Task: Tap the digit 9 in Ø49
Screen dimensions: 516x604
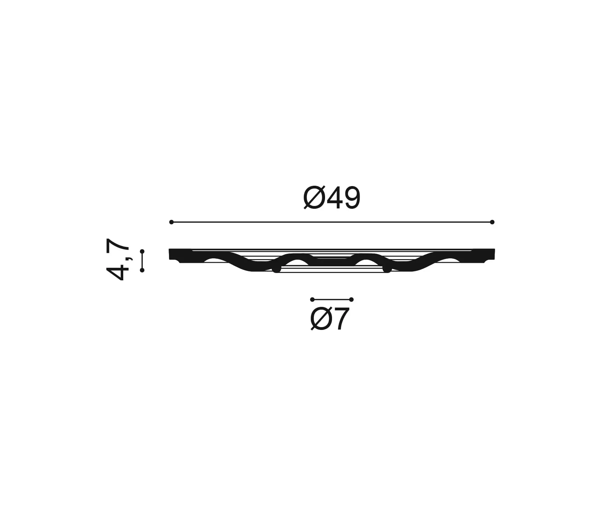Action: (x=350, y=198)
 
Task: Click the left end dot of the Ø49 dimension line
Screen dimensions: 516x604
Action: (x=171, y=222)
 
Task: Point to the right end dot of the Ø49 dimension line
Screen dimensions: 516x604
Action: (x=492, y=222)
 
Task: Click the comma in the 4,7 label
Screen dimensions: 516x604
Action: (x=130, y=258)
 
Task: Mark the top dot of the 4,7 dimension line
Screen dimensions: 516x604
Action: (x=142, y=251)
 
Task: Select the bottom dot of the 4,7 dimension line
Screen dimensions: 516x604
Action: (x=142, y=270)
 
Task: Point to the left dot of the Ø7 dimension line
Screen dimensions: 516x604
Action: (x=312, y=300)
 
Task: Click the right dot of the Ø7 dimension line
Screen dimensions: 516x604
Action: (x=351, y=300)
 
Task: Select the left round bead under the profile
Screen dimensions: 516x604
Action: (x=277, y=269)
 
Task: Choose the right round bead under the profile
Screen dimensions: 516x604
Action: (x=386, y=269)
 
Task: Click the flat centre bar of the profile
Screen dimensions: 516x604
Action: (x=332, y=261)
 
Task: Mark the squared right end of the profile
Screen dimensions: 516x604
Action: (x=489, y=254)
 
